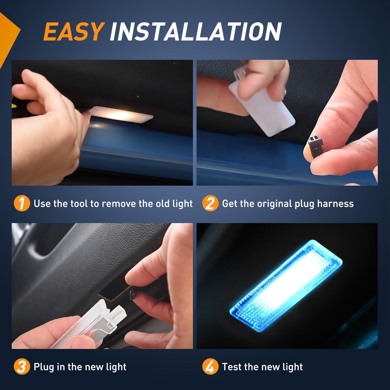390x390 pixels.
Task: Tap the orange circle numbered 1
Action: point(22,204)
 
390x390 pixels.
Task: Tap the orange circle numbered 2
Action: point(210,204)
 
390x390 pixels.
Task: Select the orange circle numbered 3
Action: point(22,367)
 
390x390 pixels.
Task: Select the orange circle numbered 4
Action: point(210,367)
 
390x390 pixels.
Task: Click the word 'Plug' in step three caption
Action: point(43,367)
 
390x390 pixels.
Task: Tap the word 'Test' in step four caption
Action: point(232,367)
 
